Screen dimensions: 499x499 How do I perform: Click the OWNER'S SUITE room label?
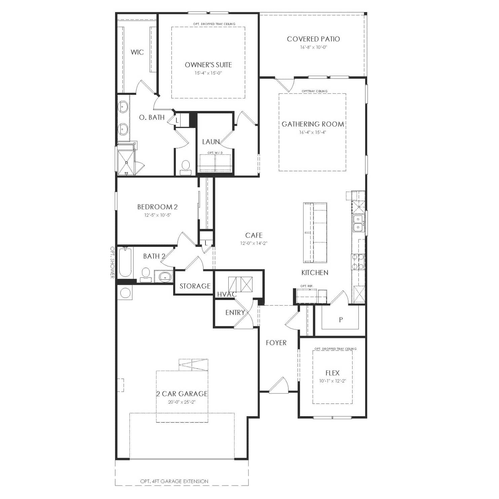click(x=208, y=65)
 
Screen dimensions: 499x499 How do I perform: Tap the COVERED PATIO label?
click(x=313, y=39)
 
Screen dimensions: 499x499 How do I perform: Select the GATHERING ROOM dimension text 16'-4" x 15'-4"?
click(x=313, y=132)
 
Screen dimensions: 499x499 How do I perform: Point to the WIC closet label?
click(x=137, y=52)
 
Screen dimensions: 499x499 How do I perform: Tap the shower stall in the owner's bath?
click(x=126, y=163)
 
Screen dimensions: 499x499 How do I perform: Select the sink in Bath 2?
click(x=164, y=276)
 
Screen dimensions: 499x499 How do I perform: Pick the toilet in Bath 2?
click(x=146, y=275)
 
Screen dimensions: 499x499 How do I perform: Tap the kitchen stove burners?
click(x=358, y=262)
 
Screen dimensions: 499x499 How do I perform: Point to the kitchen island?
click(x=315, y=232)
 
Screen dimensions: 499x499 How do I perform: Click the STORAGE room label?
click(x=195, y=286)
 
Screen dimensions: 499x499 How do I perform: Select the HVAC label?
click(x=227, y=295)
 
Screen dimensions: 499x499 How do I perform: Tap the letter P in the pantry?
click(x=341, y=320)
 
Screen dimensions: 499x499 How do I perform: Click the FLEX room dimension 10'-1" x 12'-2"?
click(x=333, y=381)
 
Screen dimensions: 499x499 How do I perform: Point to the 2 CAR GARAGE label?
click(x=182, y=394)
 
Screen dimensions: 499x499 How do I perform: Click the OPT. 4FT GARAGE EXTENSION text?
click(x=174, y=481)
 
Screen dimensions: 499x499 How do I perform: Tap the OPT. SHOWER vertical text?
click(x=112, y=263)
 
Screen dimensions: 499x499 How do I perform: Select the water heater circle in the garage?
click(x=125, y=293)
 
